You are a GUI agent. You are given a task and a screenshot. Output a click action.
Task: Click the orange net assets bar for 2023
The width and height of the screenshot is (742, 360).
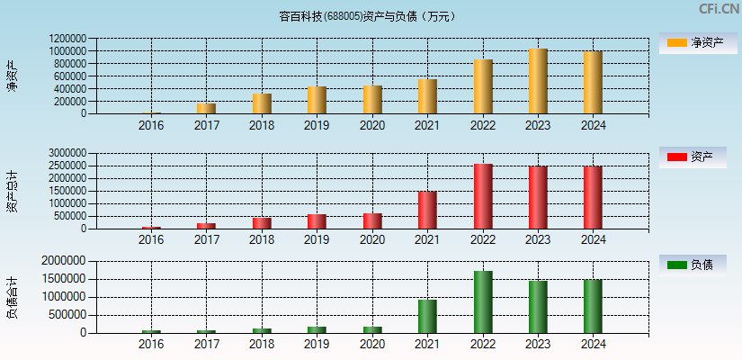coord(538,81)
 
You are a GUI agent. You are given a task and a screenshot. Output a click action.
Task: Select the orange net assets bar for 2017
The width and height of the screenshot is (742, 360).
coord(207,109)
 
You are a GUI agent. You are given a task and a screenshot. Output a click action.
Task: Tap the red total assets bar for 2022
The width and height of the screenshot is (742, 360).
coord(483,196)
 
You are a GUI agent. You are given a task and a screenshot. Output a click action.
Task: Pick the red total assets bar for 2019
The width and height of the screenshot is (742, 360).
coord(317,221)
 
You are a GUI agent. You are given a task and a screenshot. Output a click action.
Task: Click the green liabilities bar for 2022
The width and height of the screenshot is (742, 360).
coord(483,302)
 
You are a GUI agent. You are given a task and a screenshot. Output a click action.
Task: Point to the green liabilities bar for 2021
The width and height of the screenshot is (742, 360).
coord(427,317)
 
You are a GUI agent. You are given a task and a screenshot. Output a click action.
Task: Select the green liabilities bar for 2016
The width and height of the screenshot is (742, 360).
coord(151,331)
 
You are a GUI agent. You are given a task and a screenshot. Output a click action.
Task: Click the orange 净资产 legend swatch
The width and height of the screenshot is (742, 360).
coord(676,43)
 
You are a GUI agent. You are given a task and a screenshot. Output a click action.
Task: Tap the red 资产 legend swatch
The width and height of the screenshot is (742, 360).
coord(676,157)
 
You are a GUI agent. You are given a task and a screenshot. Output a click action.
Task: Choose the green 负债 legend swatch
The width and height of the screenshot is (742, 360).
coord(676,265)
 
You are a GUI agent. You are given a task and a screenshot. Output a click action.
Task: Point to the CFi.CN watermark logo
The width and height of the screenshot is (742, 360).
coord(719,9)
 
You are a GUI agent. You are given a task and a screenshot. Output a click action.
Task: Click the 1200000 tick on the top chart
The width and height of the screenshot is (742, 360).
coord(68,39)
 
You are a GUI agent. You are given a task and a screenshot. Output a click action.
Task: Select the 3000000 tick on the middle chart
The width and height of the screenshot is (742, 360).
coord(68,154)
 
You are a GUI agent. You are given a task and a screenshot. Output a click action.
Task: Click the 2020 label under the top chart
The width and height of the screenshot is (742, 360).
coord(372,125)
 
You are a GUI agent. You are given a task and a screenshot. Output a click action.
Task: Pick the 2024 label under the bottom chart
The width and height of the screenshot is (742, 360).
coord(593,343)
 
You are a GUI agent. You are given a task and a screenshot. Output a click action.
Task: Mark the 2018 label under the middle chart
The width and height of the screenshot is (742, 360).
coord(262,239)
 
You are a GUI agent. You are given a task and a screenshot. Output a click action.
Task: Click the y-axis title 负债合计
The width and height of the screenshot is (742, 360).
coord(12,297)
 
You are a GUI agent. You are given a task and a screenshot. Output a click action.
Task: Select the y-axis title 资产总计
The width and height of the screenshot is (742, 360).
coord(12,191)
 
